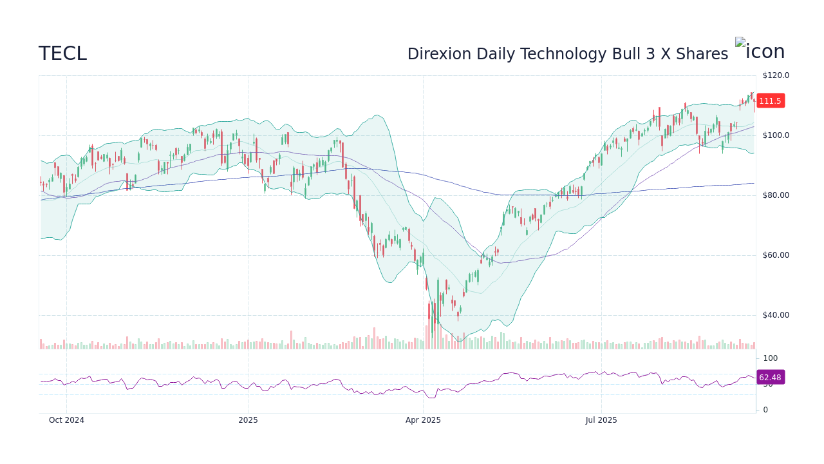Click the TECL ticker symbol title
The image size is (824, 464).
click(62, 54)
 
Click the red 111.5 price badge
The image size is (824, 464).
click(770, 101)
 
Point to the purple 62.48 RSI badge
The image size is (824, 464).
click(770, 378)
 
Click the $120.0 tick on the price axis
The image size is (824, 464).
click(775, 75)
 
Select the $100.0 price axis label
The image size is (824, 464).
click(775, 135)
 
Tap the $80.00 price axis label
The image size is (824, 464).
click(775, 195)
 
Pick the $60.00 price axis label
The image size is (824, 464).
click(775, 255)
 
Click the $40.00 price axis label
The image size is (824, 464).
click(775, 315)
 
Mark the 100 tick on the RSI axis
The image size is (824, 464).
click(770, 358)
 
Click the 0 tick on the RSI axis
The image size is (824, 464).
click(765, 410)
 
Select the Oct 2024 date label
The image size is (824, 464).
click(66, 420)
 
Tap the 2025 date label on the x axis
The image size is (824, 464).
click(248, 420)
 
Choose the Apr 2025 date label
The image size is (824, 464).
click(423, 420)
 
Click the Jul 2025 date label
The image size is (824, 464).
click(601, 420)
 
